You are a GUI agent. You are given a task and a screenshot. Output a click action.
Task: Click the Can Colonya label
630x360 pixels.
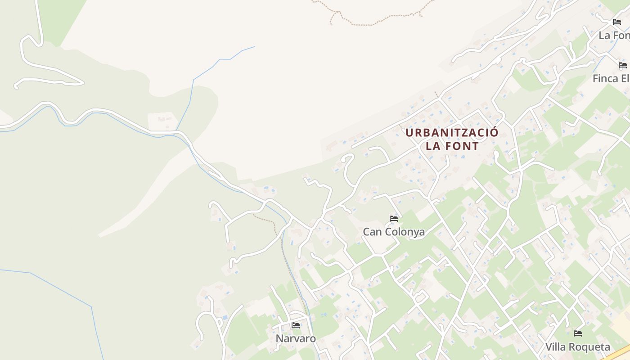point(394,232)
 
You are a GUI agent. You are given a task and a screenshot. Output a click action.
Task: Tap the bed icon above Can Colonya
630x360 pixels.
point(394,219)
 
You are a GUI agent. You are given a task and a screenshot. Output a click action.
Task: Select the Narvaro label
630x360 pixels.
point(296,338)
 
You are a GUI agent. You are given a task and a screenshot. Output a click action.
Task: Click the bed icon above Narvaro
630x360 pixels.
point(296,325)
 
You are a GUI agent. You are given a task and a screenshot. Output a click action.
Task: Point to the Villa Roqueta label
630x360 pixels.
point(578,347)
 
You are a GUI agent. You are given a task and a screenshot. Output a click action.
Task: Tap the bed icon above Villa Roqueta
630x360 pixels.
point(578,333)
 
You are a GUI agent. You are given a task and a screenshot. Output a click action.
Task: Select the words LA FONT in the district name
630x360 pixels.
point(452,146)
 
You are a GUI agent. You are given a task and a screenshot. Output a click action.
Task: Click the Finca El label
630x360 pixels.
point(611,78)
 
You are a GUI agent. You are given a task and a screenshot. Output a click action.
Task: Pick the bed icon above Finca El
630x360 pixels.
point(623,65)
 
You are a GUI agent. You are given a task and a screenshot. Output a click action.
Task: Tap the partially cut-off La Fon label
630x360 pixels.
point(614,35)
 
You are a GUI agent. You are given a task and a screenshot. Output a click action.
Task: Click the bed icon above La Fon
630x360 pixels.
point(616,22)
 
